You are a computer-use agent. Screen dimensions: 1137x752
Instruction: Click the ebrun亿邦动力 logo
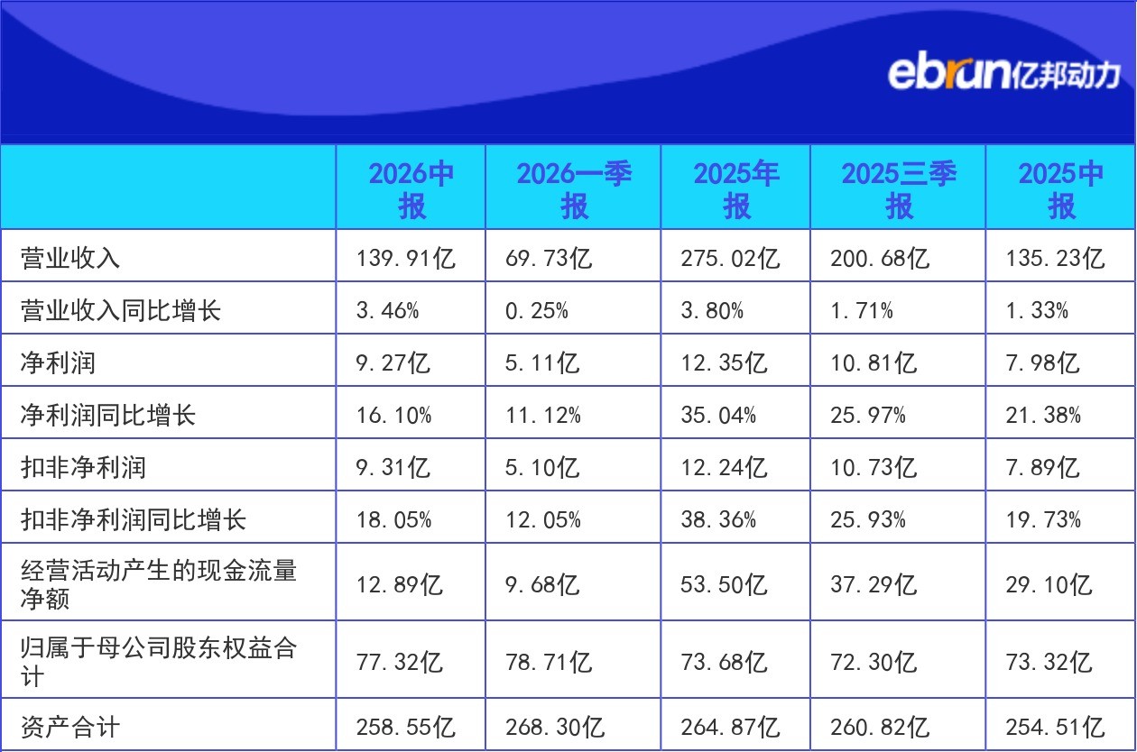[1003, 75]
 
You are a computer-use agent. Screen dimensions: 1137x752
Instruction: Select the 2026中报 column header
[411, 189]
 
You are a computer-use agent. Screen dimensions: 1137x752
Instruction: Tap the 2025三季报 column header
[899, 189]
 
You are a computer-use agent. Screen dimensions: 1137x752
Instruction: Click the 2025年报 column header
[736, 189]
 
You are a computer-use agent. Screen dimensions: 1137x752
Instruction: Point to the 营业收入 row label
[70, 258]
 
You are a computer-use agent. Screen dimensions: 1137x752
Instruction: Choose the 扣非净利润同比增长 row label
[134, 519]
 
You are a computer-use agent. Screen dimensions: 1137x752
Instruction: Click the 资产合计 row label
[70, 727]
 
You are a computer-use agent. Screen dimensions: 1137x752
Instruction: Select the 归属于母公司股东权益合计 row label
[159, 662]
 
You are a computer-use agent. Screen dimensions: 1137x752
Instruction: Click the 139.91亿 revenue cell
[405, 258]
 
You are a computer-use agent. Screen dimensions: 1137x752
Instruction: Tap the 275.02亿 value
[730, 258]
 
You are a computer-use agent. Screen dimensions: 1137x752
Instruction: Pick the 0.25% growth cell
[537, 311]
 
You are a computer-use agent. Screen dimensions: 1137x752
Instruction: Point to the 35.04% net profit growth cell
[718, 416]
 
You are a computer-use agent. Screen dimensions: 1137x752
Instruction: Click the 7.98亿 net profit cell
[1042, 363]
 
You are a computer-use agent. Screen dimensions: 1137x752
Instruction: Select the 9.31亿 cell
[393, 468]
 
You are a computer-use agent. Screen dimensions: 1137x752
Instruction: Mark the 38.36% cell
[718, 519]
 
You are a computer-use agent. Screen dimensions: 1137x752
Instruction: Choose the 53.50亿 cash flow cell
[724, 584]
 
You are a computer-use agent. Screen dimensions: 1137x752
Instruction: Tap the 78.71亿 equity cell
[549, 662]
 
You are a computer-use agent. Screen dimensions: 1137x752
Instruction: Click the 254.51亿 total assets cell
[1055, 727]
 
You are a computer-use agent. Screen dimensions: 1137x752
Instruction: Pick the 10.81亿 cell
[874, 363]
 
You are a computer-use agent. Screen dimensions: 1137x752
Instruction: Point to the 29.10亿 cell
[1049, 584]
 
